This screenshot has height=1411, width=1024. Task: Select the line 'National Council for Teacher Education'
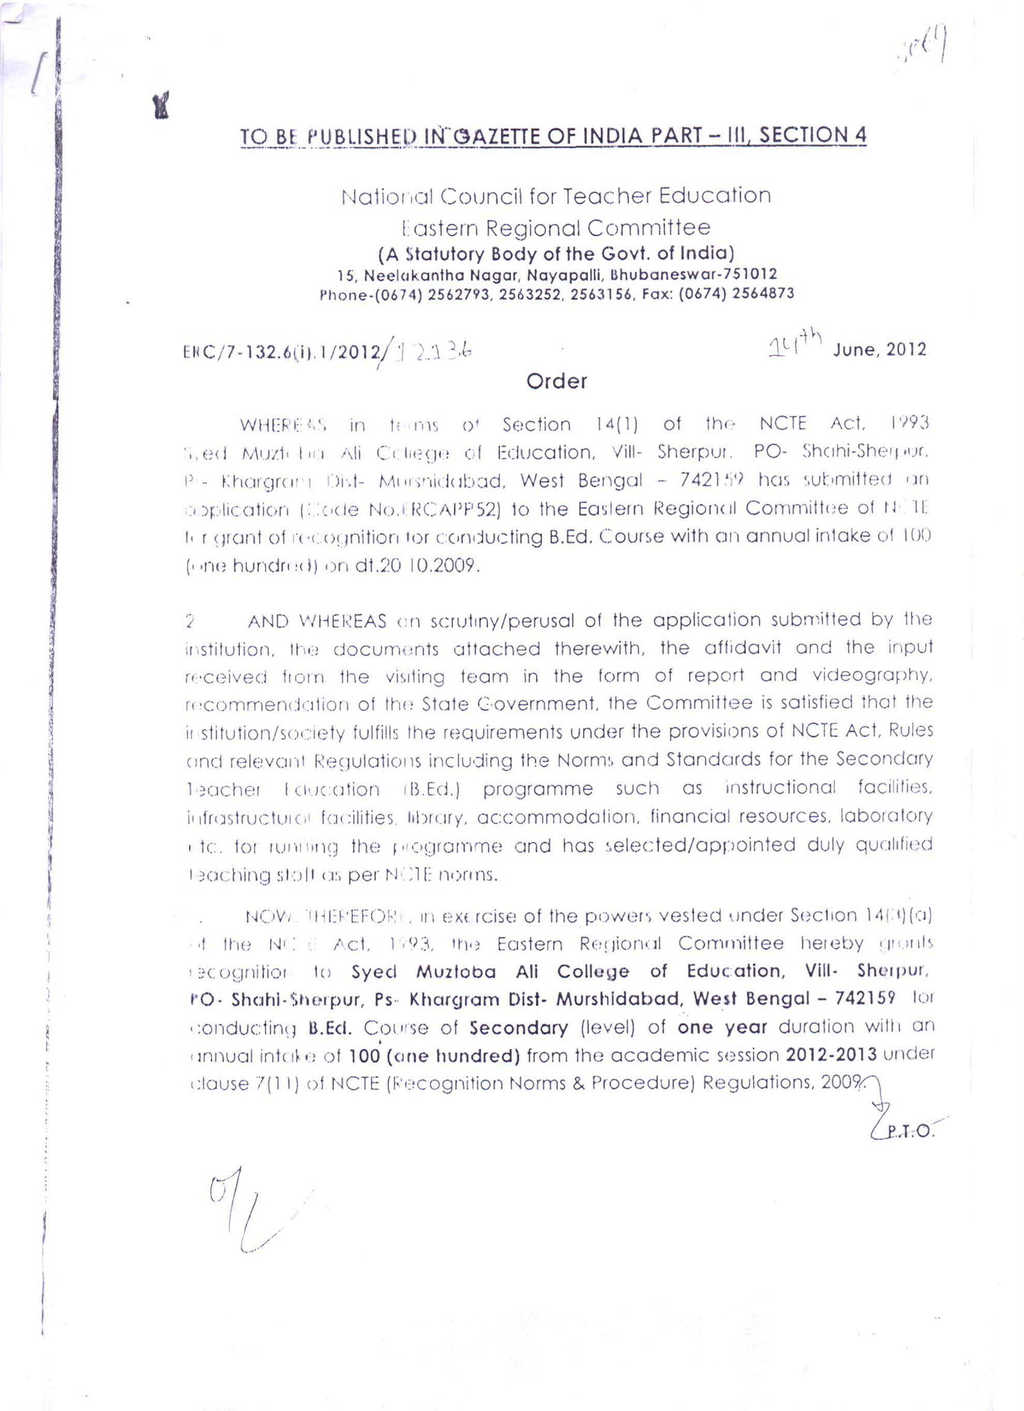click(555, 196)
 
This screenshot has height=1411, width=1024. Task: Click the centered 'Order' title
click(556, 381)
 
